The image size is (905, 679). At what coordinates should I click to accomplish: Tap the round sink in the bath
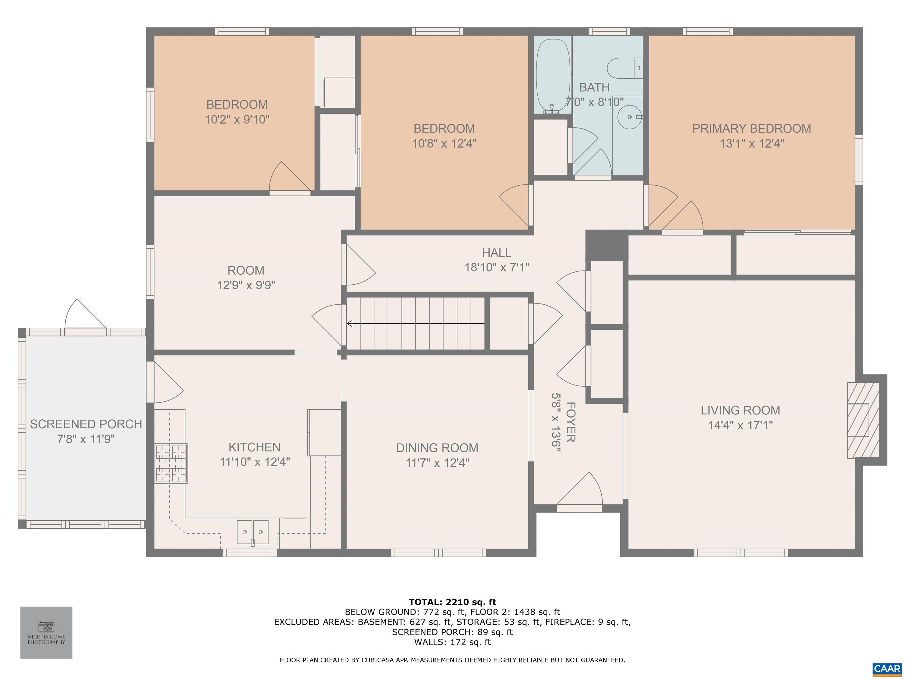tap(630, 117)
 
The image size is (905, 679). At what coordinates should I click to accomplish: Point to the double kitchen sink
tap(253, 532)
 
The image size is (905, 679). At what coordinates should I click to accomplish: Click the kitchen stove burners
tap(171, 463)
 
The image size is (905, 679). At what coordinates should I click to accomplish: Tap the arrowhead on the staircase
tap(349, 324)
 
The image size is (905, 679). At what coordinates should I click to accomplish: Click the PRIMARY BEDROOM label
tap(752, 128)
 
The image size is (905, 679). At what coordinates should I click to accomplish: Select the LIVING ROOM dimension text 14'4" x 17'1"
tap(741, 425)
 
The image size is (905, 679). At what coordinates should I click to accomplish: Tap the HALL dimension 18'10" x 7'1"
tap(497, 267)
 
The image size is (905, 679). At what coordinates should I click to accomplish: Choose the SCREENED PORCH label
tap(86, 424)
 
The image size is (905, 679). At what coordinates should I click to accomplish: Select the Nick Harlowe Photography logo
tap(46, 632)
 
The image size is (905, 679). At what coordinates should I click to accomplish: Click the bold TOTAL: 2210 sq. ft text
tap(452, 602)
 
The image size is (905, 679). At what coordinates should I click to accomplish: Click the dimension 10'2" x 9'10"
tap(237, 120)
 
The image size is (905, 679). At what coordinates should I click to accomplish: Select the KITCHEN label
tap(255, 447)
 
